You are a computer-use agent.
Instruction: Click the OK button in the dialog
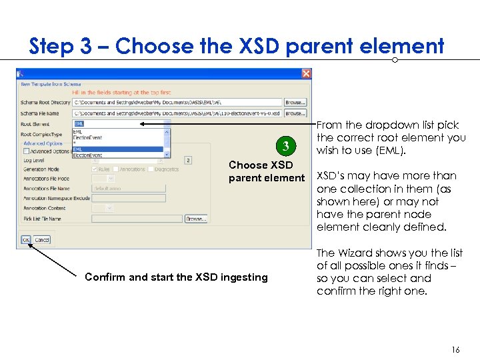[25, 239]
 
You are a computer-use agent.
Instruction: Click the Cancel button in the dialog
[41, 239]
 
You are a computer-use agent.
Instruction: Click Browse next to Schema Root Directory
[295, 103]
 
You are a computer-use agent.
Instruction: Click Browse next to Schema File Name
[295, 113]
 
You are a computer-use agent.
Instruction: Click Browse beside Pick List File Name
[195, 218]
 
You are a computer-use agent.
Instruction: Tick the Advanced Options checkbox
[25, 151]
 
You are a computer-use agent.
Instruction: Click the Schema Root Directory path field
[177, 103]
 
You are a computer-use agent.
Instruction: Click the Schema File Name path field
[177, 113]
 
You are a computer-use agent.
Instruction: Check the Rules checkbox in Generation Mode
[95, 169]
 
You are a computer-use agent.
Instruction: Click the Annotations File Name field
[128, 189]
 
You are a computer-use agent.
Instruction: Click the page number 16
[455, 349]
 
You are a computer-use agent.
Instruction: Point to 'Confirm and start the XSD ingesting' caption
[176, 277]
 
